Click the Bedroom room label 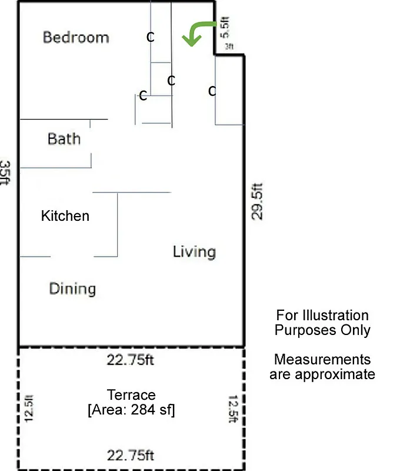tap(76, 38)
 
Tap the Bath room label tap(64, 140)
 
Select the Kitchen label tap(65, 216)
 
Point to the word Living tap(194, 252)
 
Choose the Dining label tap(72, 289)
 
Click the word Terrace tap(131, 395)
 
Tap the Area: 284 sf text tap(131, 410)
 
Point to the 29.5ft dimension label tap(257, 202)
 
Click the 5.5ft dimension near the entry tap(224, 27)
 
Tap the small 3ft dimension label tap(229, 46)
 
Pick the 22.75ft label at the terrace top tap(131, 360)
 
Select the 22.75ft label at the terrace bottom tap(131, 455)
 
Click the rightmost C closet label tap(212, 91)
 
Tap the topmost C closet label tap(151, 37)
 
